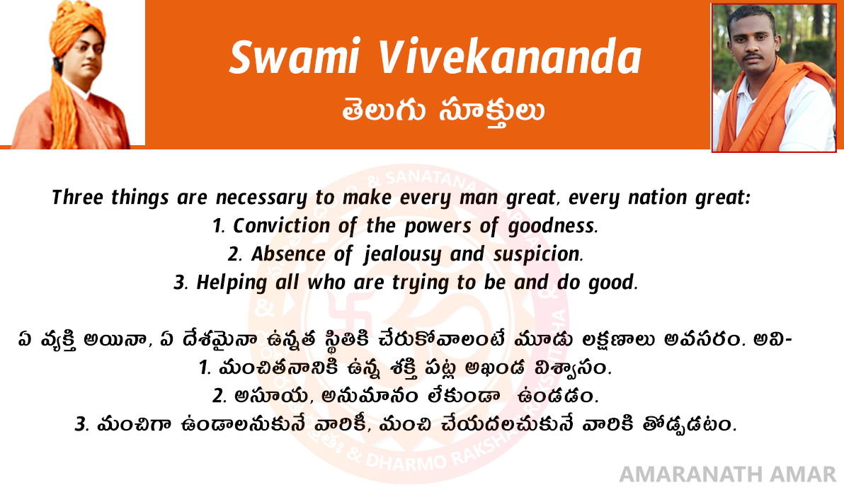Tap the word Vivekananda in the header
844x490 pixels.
pos(510,57)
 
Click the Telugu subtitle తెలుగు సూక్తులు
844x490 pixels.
pos(443,111)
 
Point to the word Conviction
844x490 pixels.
pos(281,226)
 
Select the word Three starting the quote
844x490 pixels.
pos(78,197)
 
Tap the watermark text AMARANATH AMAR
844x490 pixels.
pos(728,474)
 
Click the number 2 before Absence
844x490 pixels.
pos(234,254)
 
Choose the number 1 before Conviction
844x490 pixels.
pos(217,226)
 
